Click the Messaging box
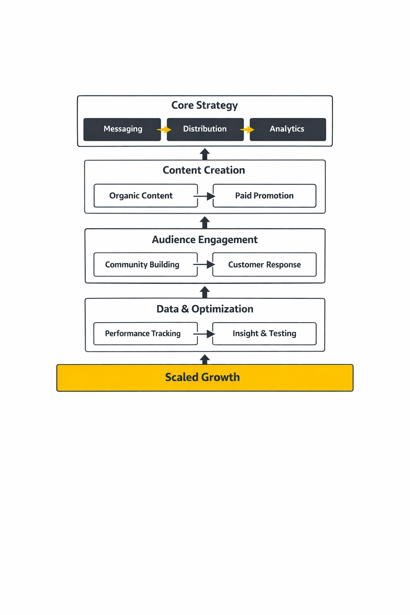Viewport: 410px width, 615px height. click(122, 129)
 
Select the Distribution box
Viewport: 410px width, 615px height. click(205, 129)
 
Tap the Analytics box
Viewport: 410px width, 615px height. click(287, 129)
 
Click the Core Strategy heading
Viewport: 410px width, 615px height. click(205, 105)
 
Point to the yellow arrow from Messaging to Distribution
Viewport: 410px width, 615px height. click(164, 130)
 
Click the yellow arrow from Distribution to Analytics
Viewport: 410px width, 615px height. click(247, 130)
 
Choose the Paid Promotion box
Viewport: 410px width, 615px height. click(264, 196)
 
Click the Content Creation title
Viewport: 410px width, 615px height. click(204, 170)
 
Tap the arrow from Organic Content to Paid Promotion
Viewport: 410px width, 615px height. click(205, 196)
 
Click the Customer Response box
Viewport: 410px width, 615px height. click(264, 265)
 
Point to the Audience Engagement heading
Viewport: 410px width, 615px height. click(205, 240)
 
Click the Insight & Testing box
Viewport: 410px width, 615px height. click(264, 334)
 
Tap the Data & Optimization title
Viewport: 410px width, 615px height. click(205, 309)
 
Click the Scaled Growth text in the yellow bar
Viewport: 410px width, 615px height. click(203, 377)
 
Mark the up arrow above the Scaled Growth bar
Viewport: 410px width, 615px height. click(205, 359)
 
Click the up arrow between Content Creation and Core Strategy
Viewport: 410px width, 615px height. click(205, 154)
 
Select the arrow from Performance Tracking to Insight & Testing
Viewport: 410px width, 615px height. click(205, 334)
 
